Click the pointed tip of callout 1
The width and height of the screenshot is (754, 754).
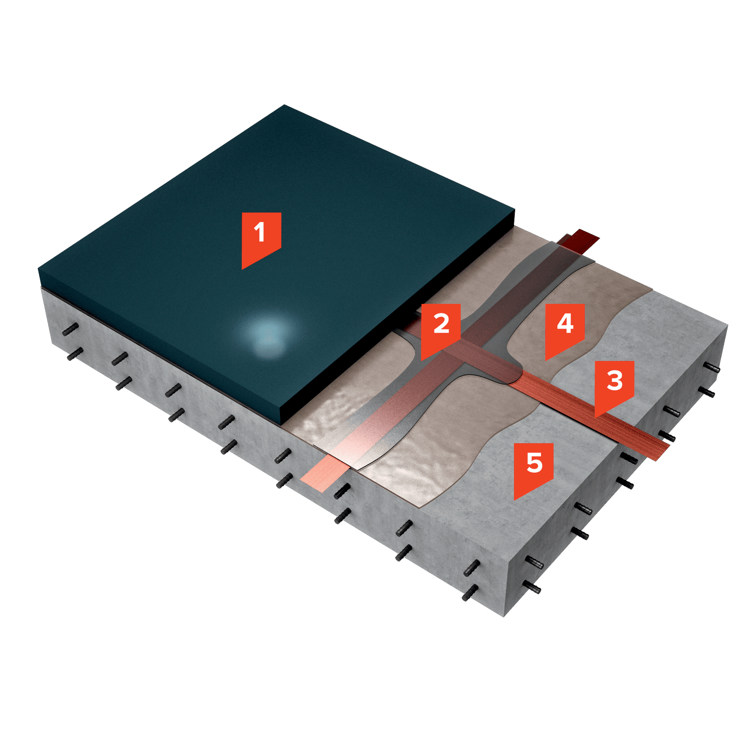pos(242,269)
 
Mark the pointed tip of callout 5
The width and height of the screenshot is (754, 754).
pos(514,500)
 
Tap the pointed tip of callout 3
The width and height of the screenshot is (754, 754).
pos(595,418)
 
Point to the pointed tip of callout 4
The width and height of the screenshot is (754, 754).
pos(546,360)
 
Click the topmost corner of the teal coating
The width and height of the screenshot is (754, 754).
pos(284,104)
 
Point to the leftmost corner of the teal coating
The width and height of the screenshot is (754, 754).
pos(38,268)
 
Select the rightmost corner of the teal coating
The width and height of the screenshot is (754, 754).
pos(515,210)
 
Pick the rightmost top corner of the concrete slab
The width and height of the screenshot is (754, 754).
pos(728,325)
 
